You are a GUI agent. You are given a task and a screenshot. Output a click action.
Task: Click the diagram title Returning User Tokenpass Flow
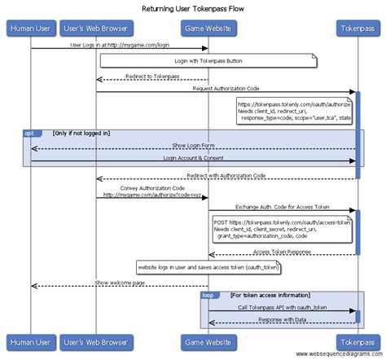193,9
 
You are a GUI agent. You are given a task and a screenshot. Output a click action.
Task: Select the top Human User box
31,30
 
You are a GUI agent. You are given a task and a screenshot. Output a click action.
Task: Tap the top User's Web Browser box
96,30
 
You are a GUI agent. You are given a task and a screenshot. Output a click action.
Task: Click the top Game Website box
208,30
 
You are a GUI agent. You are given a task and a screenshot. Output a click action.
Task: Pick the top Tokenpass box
357,30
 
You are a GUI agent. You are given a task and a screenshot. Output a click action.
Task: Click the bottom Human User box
31,340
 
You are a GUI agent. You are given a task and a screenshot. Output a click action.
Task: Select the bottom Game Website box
208,340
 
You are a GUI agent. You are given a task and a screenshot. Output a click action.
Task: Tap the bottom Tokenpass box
357,340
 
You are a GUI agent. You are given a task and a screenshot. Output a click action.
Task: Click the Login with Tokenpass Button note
208,61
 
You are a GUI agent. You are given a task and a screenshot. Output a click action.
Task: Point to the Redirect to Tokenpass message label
152,77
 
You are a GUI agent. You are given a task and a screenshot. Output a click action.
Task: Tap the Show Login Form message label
194,145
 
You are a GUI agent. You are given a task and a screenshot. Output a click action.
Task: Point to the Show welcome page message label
120,283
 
